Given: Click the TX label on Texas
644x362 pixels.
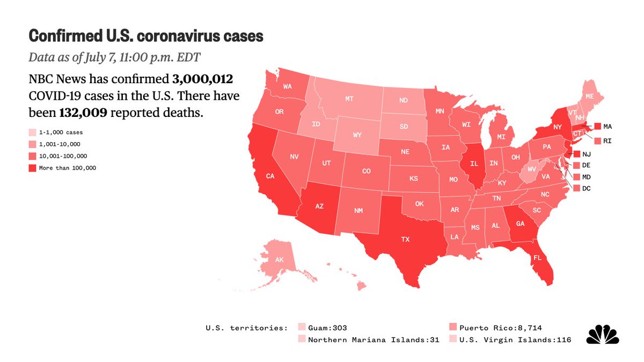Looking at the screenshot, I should point(405,240).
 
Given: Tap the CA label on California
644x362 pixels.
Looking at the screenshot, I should point(270,175).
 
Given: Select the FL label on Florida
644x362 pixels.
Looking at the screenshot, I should point(537,257).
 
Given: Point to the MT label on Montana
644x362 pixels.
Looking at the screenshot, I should point(349,99).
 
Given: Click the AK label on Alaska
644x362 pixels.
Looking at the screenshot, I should point(279,260).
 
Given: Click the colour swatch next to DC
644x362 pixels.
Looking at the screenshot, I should point(577,188).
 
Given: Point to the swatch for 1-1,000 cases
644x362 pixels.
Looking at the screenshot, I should point(33,132).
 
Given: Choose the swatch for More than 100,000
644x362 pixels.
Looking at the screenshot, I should point(33,168).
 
